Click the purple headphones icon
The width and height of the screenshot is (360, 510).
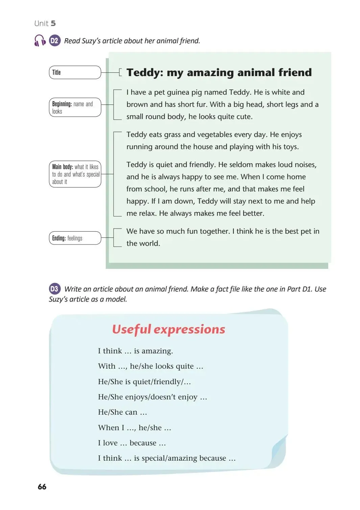pos(40,41)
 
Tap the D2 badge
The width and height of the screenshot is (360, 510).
pos(54,41)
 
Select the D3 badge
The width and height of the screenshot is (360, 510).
pos(54,289)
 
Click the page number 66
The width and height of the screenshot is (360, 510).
pos(42,487)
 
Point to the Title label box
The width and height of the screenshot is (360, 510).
pos(75,72)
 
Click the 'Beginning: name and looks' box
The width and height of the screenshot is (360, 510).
pos(75,108)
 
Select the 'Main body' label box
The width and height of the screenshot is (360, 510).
pos(75,174)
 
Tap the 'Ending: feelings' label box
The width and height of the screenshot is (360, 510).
pos(75,238)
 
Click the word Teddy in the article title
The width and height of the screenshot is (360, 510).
pos(145,73)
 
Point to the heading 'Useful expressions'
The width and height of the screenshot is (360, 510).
pos(168,329)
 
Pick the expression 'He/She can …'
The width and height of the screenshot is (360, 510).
pos(122,412)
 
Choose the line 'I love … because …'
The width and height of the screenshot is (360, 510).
pos(132,443)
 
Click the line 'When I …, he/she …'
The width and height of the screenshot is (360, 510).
pos(135,428)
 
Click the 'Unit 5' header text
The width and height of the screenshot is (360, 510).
pos(45,23)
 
